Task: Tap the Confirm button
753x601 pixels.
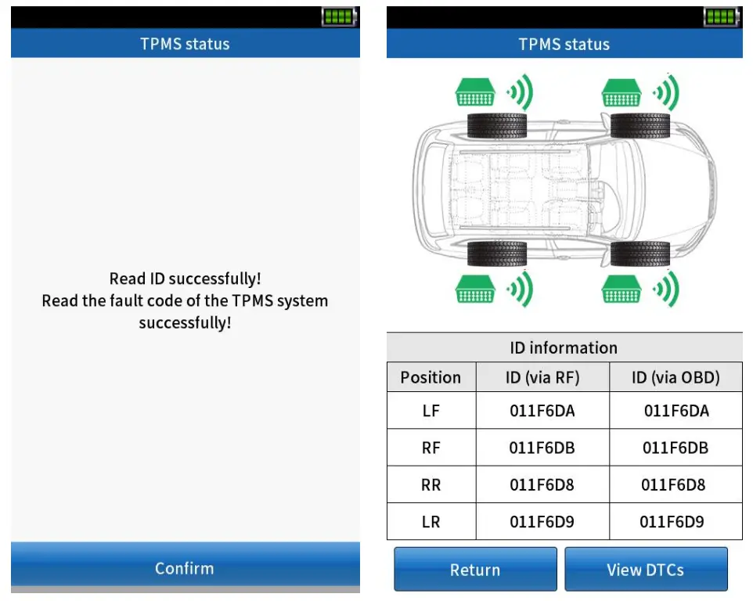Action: pos(185,568)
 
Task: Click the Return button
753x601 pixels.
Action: pos(474,570)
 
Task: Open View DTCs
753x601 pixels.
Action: pos(645,570)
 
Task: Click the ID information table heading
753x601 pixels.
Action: pos(564,348)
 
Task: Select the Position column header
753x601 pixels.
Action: pos(431,378)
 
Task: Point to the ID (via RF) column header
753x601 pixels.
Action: pos(542,378)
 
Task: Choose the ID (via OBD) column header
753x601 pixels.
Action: pos(676,378)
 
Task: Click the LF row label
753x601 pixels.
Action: pos(431,411)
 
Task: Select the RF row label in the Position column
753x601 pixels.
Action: pos(431,448)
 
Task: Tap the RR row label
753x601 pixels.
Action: pos(431,485)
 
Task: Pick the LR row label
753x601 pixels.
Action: pos(431,522)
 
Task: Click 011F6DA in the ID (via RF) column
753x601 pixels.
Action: pos(542,411)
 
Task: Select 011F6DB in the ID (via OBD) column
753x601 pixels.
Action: pos(676,448)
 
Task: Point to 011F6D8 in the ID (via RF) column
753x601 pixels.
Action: pos(542,485)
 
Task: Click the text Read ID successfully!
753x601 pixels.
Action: pos(185,279)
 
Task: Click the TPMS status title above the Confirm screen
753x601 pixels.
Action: pos(185,44)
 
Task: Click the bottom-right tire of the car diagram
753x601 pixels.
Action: pos(640,254)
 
